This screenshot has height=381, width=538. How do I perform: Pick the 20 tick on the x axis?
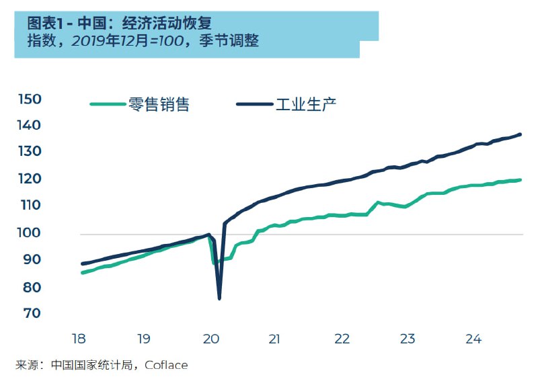click(211, 339)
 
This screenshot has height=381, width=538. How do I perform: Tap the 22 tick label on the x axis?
click(342, 339)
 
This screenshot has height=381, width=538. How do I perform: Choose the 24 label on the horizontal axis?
click(474, 339)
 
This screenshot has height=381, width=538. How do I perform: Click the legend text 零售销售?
click(159, 104)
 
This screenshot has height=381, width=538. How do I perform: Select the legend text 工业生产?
click(306, 104)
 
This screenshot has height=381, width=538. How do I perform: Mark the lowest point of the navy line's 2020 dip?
click(219, 298)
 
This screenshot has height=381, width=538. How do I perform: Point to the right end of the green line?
click(521, 179)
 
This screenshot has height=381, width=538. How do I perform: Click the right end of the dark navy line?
click(521, 134)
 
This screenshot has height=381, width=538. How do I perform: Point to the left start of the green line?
click(82, 272)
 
